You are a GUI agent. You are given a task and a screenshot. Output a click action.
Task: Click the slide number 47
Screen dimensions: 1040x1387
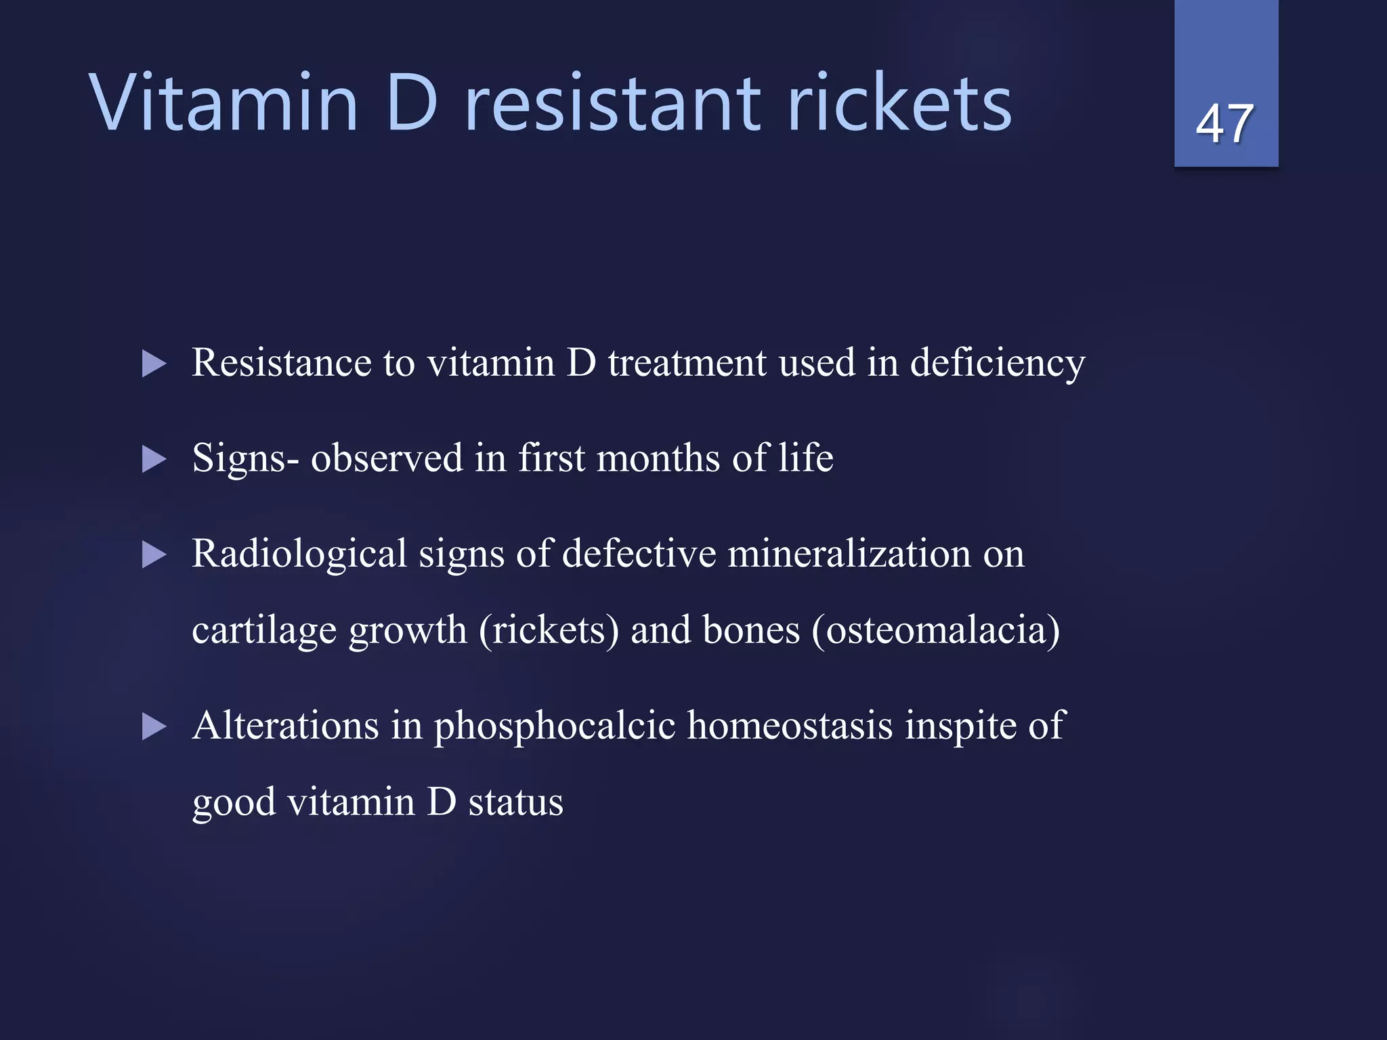tap(1225, 124)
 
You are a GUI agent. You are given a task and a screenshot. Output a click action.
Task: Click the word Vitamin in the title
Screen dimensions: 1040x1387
tap(223, 104)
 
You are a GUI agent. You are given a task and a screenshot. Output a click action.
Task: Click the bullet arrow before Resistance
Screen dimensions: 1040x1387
tap(154, 364)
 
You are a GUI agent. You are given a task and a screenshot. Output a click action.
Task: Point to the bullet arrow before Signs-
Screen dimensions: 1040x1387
tap(154, 460)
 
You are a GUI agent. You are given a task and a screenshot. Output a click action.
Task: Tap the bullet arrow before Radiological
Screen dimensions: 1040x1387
tap(154, 555)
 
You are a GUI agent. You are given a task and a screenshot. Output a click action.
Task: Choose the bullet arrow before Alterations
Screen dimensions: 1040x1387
tap(154, 727)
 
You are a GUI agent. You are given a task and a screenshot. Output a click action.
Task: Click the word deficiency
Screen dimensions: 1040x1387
tap(997, 364)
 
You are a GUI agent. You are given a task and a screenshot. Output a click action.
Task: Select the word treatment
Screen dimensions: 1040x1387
tap(687, 363)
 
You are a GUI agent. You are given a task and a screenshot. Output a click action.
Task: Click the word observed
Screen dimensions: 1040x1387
tap(387, 458)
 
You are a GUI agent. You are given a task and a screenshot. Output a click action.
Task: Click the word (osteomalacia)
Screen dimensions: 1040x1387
tap(935, 630)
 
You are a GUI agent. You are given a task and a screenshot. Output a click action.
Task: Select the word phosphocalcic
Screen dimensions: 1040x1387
tap(555, 727)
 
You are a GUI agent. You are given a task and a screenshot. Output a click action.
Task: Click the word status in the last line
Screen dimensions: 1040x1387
tap(516, 802)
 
